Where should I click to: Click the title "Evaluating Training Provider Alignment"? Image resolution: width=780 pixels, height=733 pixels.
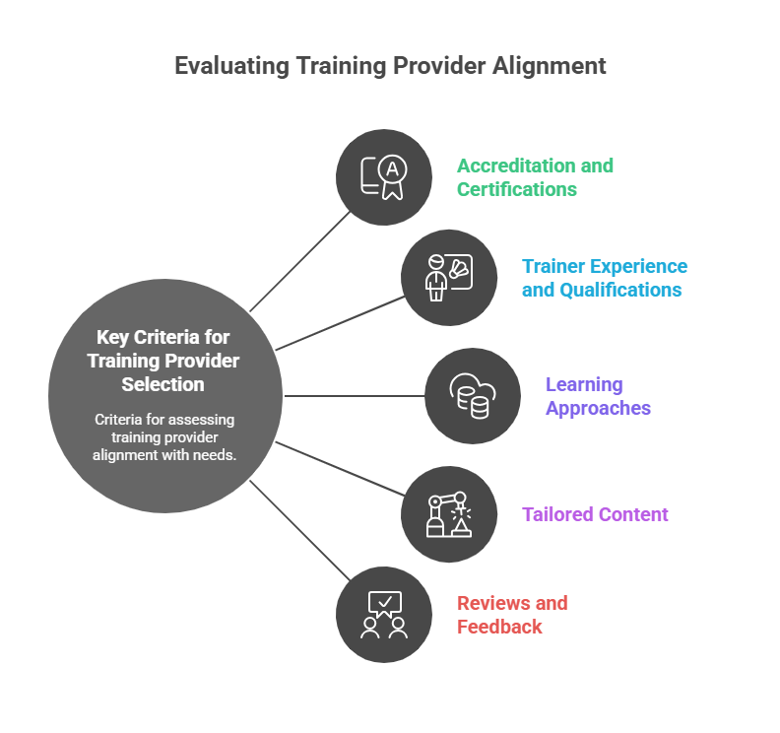pos(390,66)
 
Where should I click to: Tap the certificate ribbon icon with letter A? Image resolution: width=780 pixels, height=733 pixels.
pos(383,177)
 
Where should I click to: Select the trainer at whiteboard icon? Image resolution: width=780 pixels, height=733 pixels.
pos(448,278)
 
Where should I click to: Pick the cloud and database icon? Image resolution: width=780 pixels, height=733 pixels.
pos(472,396)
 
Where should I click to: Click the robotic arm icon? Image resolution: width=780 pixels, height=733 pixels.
pos(448,514)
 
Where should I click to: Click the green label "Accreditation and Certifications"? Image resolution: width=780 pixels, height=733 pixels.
pos(534,177)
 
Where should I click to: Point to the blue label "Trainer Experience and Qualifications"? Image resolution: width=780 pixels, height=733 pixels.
pos(604,278)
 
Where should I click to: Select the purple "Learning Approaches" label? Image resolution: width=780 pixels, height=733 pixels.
pos(597,396)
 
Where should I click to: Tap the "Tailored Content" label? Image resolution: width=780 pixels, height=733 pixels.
pos(595,514)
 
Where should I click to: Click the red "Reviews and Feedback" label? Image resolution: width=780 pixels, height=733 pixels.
pos(511,615)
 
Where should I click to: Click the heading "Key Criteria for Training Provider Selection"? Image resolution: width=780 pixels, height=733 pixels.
pos(163,361)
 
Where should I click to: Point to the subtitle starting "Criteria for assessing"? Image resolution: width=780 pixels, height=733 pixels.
pos(164,436)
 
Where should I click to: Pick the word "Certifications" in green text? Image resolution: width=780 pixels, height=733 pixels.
pos(516,189)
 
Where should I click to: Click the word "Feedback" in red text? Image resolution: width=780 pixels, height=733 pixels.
pos(499,627)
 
